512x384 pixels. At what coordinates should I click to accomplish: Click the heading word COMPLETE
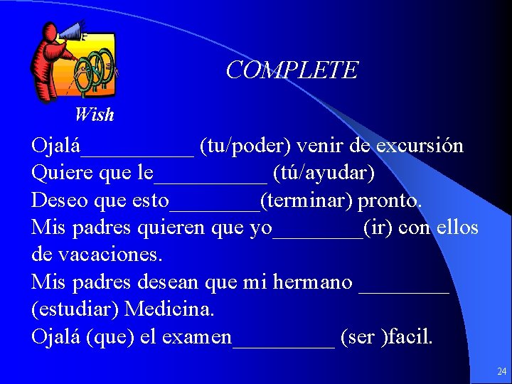292,70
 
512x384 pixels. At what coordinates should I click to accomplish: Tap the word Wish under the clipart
94,114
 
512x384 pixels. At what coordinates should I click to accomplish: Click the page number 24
502,371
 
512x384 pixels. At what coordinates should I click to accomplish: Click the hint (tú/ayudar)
324,174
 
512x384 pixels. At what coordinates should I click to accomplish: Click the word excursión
420,146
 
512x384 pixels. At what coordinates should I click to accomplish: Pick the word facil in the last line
410,336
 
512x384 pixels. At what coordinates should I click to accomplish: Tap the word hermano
312,282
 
